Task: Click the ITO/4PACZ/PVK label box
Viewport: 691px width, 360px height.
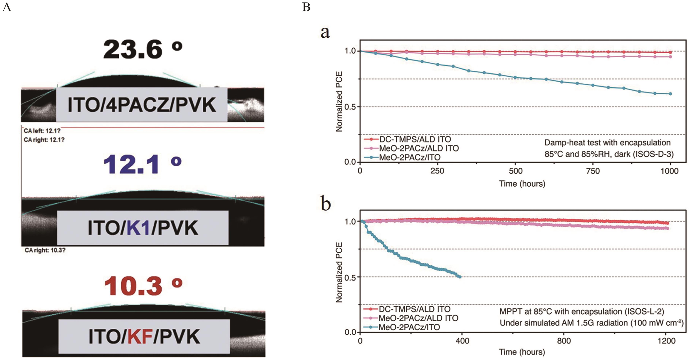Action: (141, 105)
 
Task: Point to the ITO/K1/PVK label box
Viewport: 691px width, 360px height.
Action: (143, 228)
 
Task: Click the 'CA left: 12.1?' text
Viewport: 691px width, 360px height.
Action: (42, 131)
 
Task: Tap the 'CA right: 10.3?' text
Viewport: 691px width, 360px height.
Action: (45, 250)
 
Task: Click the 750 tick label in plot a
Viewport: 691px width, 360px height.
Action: (593, 171)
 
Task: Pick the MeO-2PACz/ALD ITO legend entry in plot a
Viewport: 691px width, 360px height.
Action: (418, 148)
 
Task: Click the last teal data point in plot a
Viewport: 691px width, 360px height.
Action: (670, 94)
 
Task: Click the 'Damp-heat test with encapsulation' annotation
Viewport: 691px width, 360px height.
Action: (607, 143)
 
